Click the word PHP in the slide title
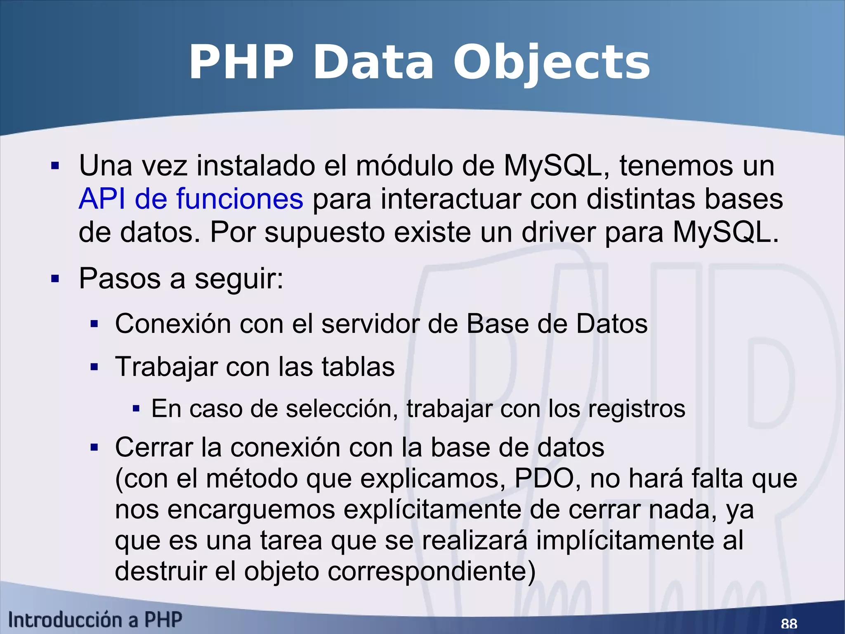point(241,63)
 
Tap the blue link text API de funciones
point(191,199)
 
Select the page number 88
point(789,623)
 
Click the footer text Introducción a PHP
point(95,620)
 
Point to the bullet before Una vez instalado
point(55,166)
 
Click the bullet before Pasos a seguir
point(55,279)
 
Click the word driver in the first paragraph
point(559,232)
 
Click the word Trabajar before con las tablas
point(166,367)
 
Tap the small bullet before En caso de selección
point(136,409)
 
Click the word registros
point(636,409)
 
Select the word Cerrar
point(153,447)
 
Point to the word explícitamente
point(432,510)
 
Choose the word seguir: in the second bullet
point(239,279)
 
